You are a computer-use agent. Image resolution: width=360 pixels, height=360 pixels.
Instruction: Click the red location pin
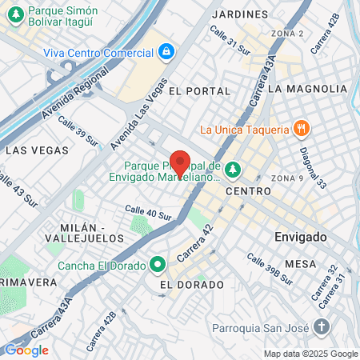(180, 162)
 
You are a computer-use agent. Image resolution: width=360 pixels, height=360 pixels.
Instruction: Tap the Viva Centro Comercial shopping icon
(166, 52)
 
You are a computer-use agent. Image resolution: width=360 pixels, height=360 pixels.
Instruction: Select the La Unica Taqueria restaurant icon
(301, 128)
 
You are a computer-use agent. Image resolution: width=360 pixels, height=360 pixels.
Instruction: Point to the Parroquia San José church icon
(321, 326)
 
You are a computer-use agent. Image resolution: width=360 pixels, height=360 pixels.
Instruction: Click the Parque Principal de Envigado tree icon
(233, 169)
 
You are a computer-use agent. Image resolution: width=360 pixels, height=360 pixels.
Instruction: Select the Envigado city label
(300, 238)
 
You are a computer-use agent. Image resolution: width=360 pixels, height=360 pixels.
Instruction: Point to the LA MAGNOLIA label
(308, 89)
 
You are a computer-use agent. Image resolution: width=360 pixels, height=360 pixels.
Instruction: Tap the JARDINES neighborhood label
(241, 14)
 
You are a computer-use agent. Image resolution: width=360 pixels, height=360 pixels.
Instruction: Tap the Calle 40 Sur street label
(148, 212)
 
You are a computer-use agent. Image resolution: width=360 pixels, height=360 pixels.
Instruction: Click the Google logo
(26, 350)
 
